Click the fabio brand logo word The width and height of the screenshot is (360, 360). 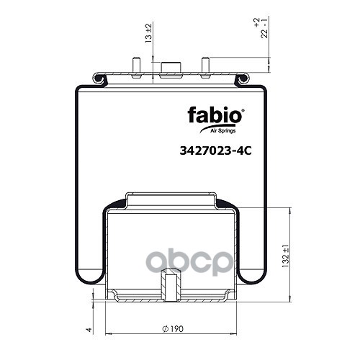point(215,116)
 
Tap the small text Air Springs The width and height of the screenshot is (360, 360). point(223,131)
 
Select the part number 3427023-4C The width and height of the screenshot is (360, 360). point(215,151)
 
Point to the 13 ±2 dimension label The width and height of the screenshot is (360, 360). point(149,33)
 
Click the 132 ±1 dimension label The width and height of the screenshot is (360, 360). point(286,256)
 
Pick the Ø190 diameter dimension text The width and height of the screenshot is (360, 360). point(173,328)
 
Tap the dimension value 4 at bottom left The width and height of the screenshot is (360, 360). point(89,330)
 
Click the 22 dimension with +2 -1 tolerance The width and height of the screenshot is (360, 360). point(261,28)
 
